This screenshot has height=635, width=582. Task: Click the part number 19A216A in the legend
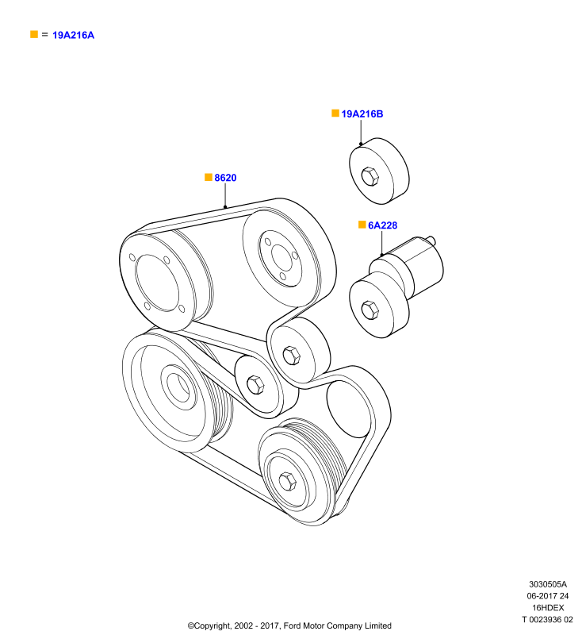pos(73,35)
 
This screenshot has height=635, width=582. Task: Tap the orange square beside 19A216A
pos(34,34)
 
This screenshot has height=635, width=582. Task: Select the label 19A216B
pos(362,114)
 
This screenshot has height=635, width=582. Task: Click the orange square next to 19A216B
pos(335,113)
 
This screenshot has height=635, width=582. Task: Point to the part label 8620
pos(225,178)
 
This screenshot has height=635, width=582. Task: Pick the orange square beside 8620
pos(209,177)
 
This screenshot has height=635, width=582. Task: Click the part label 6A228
pos(383,225)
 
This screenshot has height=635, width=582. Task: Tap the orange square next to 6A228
pos(362,225)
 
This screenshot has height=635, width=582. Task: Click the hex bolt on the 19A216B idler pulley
pos(369,176)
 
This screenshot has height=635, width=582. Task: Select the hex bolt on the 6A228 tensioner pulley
pos(369,310)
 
